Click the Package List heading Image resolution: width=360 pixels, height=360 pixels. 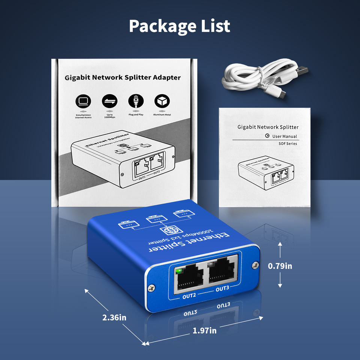pyautogui.click(x=180, y=26)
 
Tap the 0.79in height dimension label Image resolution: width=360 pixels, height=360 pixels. pyautogui.click(x=280, y=266)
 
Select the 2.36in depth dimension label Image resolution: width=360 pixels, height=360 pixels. pyautogui.click(x=114, y=317)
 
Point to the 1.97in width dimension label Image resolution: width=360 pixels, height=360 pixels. pyautogui.click(x=204, y=330)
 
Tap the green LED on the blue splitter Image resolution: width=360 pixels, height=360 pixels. pyautogui.click(x=179, y=270)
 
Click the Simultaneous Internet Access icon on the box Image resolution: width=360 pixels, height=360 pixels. pyautogui.click(x=83, y=101)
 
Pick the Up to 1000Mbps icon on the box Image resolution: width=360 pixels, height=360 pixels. pyautogui.click(x=110, y=101)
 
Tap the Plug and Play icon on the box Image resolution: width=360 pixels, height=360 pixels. pyautogui.click(x=136, y=101)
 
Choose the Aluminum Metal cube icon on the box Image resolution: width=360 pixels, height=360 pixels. pyautogui.click(x=162, y=101)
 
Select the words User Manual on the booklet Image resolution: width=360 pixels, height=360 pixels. pyautogui.click(x=284, y=136)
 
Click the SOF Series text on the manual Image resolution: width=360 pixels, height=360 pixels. pyautogui.click(x=288, y=144)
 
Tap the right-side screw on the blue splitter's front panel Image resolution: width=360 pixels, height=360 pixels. pyautogui.click(x=255, y=265)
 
